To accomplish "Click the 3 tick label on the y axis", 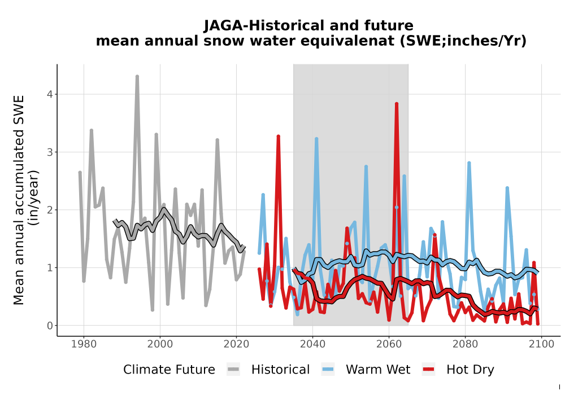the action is click(50, 152).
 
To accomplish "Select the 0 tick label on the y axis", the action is click(50, 326).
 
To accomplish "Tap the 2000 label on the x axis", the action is click(160, 344).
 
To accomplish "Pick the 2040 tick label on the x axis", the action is click(313, 344).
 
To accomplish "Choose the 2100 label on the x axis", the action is click(541, 344).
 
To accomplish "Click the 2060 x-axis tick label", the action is click(389, 344).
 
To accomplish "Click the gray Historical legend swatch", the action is click(233, 370).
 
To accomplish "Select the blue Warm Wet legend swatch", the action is click(328, 370).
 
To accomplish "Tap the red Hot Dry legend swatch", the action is click(428, 370).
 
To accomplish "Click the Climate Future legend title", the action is click(169, 370).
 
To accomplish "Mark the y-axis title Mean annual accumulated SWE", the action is click(19, 200).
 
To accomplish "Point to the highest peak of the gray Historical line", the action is click(137, 76).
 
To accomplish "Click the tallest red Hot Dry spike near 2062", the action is click(397, 104).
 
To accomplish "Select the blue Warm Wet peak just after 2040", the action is click(316, 138).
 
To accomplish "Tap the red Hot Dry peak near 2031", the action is click(278, 137).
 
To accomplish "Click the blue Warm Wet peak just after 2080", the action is click(469, 163).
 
